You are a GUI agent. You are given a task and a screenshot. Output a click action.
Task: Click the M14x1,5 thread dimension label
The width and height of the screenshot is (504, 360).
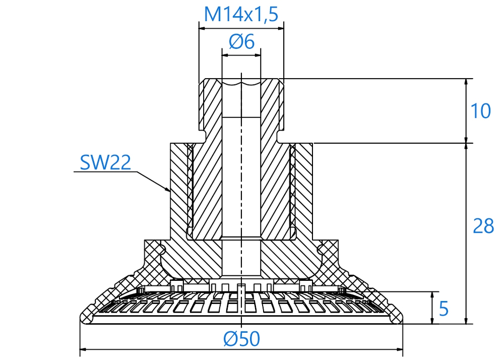241,14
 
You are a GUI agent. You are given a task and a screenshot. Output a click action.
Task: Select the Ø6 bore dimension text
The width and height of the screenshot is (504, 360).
242,42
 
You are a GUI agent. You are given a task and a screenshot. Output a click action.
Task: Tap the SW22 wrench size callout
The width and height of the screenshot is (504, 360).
105,162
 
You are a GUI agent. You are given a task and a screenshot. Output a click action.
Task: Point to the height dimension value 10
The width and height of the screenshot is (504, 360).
480,111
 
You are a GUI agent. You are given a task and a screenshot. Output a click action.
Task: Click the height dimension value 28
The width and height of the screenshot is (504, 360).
483,226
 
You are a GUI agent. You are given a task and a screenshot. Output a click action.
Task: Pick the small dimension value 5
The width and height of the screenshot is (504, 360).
443,309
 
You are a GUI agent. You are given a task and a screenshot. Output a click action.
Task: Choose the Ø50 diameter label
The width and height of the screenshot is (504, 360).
242,339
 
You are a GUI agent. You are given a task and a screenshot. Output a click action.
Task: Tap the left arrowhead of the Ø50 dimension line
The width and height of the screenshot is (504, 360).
83,349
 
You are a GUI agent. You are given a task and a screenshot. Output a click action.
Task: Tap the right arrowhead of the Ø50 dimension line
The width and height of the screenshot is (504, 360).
399,349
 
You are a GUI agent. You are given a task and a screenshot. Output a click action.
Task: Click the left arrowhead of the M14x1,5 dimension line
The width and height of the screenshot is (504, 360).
203,28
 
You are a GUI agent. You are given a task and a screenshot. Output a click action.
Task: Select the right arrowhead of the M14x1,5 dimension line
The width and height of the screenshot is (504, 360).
280,28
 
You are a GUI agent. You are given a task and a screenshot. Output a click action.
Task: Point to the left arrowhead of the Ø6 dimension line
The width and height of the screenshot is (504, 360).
226,55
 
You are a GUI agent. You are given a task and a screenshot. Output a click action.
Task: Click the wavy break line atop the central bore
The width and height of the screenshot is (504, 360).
241,83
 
